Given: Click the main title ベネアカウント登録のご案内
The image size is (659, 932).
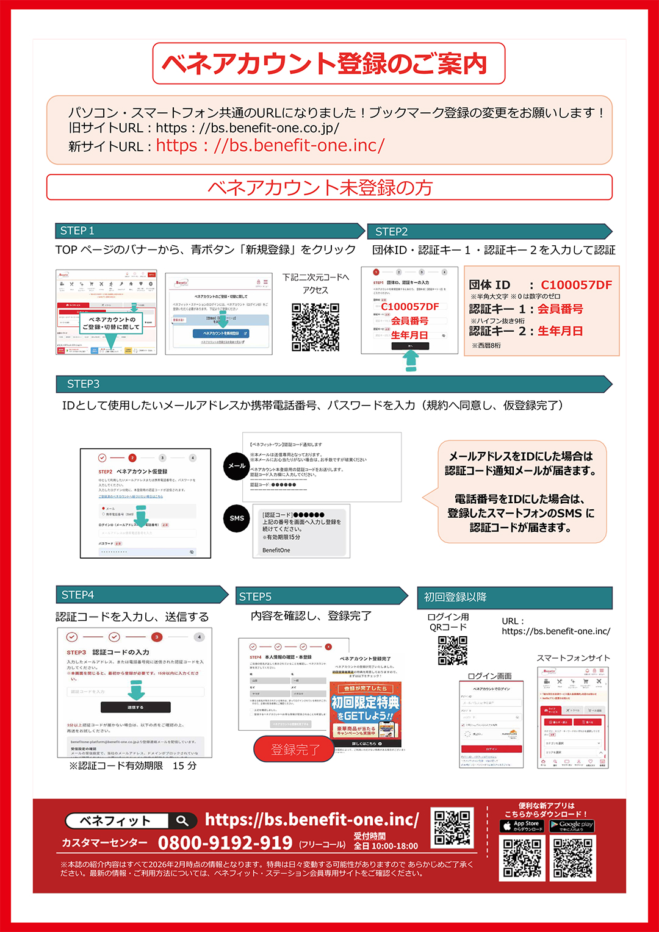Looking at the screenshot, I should pyautogui.click(x=328, y=63).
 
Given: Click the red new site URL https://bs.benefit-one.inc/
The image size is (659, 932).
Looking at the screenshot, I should pyautogui.click(x=270, y=146).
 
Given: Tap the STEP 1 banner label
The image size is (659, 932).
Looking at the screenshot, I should pyautogui.click(x=77, y=231).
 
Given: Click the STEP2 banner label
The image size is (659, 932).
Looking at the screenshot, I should pyautogui.click(x=391, y=232).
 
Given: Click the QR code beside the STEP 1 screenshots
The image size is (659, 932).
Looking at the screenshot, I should pyautogui.click(x=315, y=328).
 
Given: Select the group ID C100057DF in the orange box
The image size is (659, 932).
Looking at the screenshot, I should pyautogui.click(x=576, y=285).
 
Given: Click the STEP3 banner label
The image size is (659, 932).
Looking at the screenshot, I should pyautogui.click(x=83, y=384).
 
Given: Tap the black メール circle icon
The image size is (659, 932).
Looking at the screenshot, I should pyautogui.click(x=237, y=466).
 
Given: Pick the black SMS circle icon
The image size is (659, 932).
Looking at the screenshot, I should pyautogui.click(x=237, y=518).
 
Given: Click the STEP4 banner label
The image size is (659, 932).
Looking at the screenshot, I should pyautogui.click(x=77, y=595).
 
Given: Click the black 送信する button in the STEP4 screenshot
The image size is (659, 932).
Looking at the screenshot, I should pyautogui.click(x=135, y=707).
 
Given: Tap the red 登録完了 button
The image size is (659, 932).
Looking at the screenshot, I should pyautogui.click(x=295, y=749).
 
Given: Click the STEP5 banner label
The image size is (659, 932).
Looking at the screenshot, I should pyautogui.click(x=255, y=597).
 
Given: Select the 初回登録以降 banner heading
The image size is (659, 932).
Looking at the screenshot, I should pyautogui.click(x=455, y=597).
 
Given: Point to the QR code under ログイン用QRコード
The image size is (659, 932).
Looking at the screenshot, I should pyautogui.click(x=452, y=651).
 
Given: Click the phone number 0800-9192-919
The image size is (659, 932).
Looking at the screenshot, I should pyautogui.click(x=225, y=843).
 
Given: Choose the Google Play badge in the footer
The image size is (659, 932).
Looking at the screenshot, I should pyautogui.click(x=572, y=826).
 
